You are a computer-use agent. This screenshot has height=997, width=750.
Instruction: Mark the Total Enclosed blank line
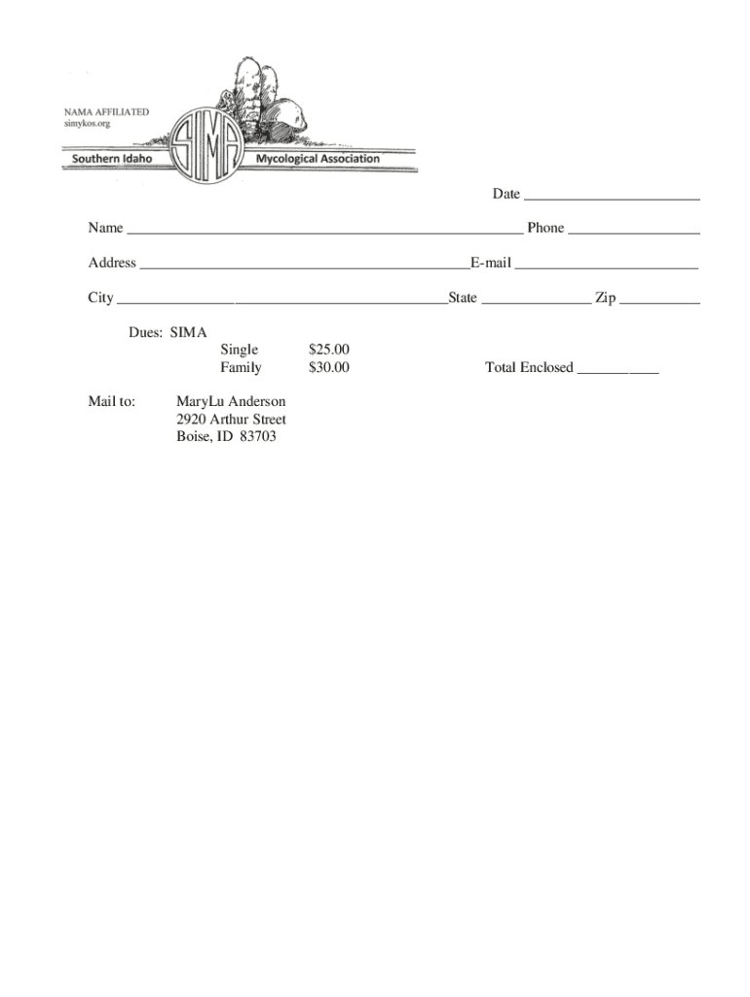pos(618,369)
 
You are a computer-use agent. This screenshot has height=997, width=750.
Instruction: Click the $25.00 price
pos(328,350)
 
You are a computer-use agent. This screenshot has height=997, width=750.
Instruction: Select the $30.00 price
pos(328,368)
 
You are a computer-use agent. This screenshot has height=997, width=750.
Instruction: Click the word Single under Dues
pos(240,350)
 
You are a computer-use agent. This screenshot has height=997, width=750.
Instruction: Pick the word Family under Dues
pos(241,368)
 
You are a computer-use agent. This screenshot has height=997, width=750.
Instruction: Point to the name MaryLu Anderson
pos(231,401)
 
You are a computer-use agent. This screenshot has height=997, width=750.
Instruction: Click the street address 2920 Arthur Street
pos(231,420)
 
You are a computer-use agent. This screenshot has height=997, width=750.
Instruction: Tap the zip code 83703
pos(258,437)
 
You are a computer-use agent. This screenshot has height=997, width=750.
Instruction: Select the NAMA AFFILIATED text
pos(107,112)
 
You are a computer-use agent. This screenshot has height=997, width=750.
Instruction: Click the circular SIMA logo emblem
pos(207,146)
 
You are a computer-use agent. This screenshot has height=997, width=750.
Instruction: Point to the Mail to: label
pos(112,401)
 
